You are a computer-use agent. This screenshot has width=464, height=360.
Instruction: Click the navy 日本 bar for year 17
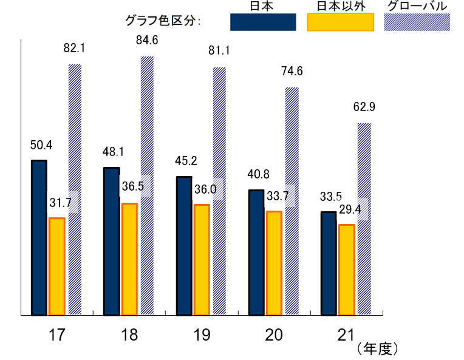point(39,237)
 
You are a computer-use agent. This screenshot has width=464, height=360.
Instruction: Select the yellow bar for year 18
point(129,259)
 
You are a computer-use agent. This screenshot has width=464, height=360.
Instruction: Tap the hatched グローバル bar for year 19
point(219,191)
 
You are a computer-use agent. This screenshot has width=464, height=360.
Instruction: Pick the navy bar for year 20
point(256,253)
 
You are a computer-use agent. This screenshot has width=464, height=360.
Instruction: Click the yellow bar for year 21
point(346,270)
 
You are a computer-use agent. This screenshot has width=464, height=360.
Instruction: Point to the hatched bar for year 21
point(364,219)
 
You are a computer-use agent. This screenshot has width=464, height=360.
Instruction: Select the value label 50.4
point(41,145)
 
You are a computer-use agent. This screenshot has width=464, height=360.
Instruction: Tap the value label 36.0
point(205,189)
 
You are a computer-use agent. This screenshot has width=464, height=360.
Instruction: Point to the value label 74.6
point(292,71)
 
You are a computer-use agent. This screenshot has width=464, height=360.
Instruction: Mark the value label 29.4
point(349,209)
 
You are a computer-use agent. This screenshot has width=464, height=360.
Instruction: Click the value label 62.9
point(364,107)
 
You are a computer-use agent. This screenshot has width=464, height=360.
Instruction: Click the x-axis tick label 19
point(201,335)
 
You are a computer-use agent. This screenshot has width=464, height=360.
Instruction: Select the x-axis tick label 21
point(346,335)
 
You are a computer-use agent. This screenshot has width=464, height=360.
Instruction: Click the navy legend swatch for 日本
point(263,22)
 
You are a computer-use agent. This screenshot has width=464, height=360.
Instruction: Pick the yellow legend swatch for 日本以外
point(340,22)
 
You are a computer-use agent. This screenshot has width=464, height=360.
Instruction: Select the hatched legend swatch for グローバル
point(417,22)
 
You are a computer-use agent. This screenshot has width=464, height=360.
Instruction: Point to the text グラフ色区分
point(162,21)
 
